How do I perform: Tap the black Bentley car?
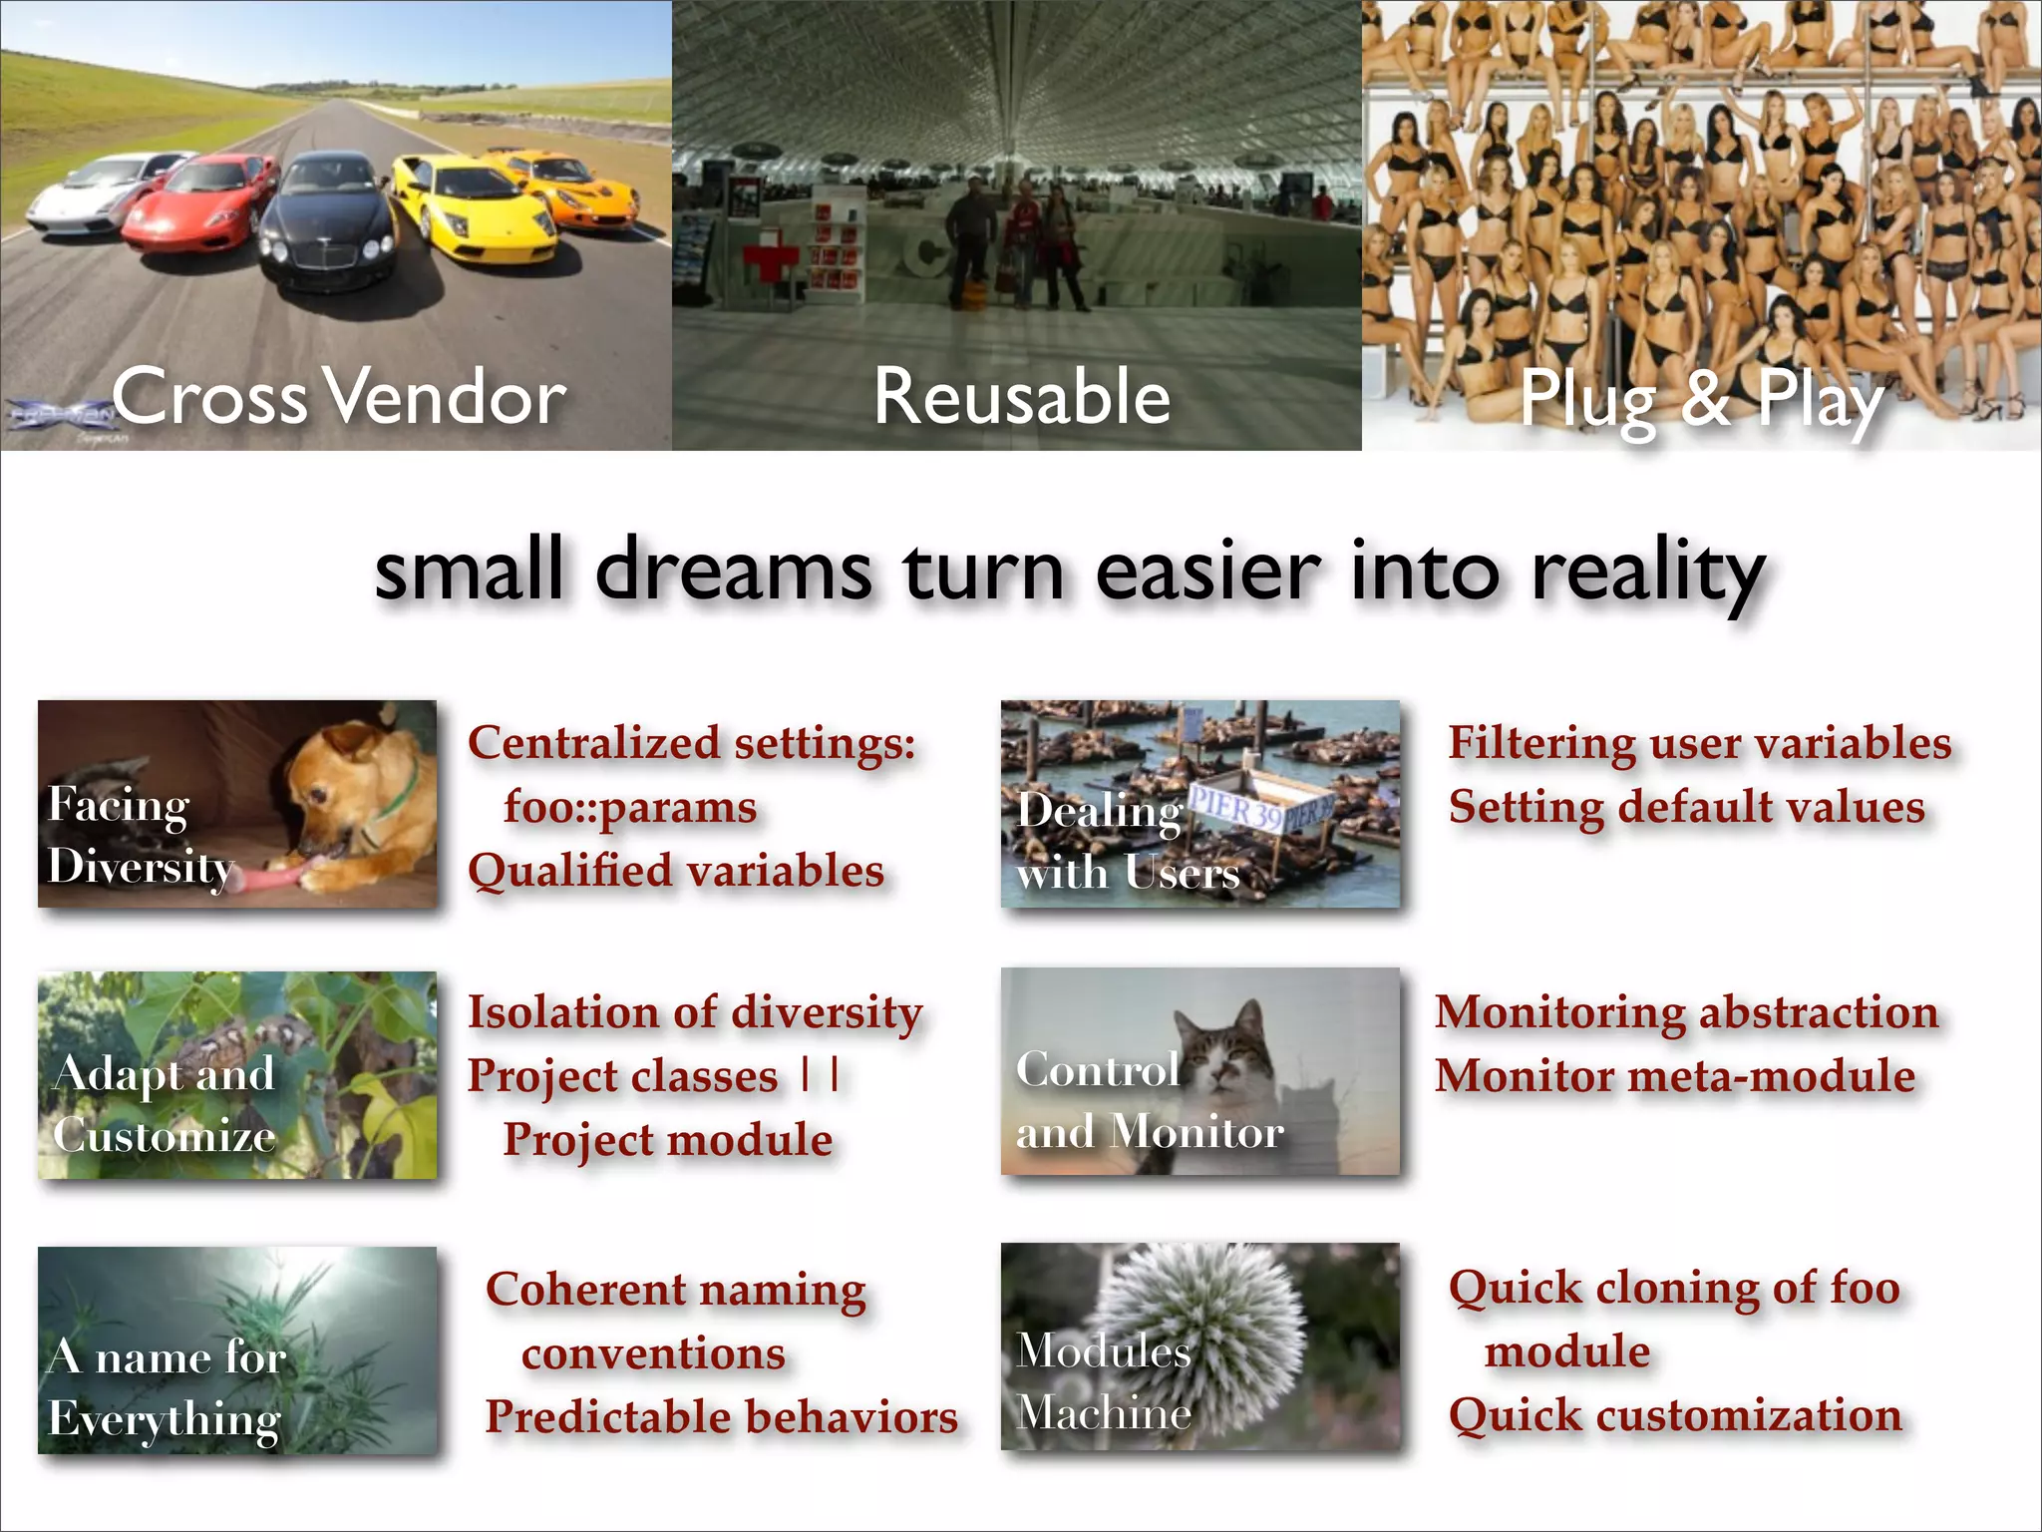pyautogui.click(x=329, y=219)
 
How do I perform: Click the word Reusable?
pyautogui.click(x=1021, y=397)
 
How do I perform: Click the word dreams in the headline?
pyautogui.click(x=733, y=572)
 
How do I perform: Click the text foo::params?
pyautogui.click(x=629, y=807)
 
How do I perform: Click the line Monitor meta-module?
pyautogui.click(x=1675, y=1076)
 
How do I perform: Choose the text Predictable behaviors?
pyautogui.click(x=721, y=1417)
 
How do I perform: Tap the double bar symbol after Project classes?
pyautogui.click(x=820, y=1075)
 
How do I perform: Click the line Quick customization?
pyautogui.click(x=1675, y=1415)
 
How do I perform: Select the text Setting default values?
pyautogui.click(x=1686, y=807)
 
